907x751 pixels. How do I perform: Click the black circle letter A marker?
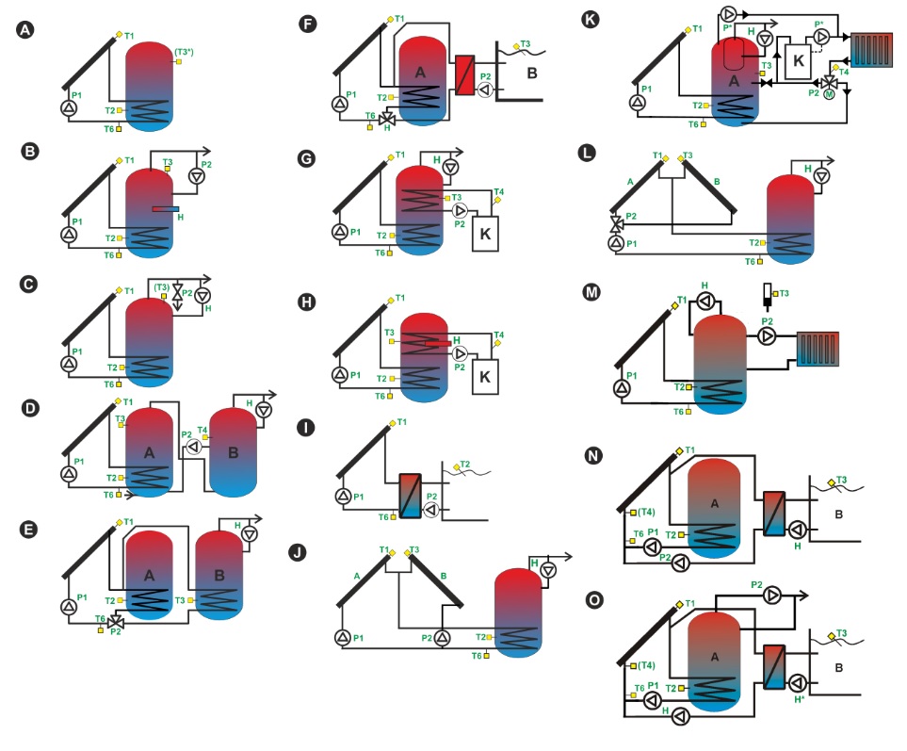[x=25, y=30]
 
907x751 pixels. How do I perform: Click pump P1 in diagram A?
[x=69, y=108]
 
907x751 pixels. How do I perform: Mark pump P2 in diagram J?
[x=443, y=638]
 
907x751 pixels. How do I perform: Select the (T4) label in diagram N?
[x=646, y=512]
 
